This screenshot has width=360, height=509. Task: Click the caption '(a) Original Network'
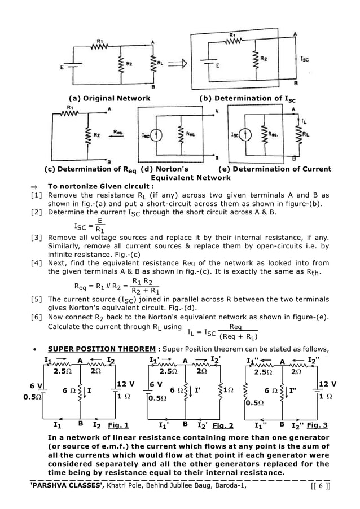[109, 98]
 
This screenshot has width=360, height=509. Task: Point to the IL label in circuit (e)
[305, 121]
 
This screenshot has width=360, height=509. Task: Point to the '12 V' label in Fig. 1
[125, 384]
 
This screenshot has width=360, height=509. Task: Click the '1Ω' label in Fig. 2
[228, 390]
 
